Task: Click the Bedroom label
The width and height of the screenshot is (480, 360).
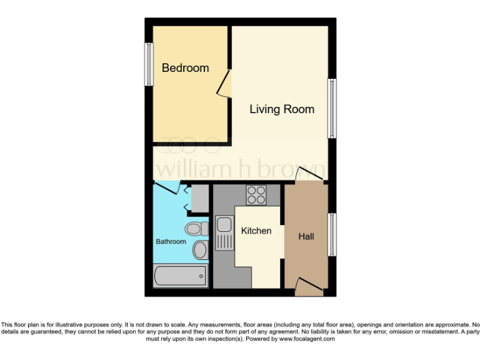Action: [x=185, y=67]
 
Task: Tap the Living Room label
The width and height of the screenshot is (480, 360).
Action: [x=282, y=109]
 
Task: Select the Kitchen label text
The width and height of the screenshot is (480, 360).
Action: [x=256, y=231]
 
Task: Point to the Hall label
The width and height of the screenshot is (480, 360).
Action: [x=306, y=237]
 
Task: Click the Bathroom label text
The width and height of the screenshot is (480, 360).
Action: [x=171, y=241]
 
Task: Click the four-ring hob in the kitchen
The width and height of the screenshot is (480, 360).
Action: [x=256, y=196]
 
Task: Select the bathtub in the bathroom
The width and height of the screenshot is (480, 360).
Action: [x=181, y=275]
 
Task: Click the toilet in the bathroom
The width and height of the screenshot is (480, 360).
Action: [x=196, y=228]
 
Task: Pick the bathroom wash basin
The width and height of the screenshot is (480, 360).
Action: [x=200, y=250]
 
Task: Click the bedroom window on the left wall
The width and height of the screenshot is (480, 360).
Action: [x=149, y=64]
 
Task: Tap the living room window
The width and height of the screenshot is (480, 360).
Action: [x=332, y=109]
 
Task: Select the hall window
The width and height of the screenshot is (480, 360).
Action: [x=332, y=234]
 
